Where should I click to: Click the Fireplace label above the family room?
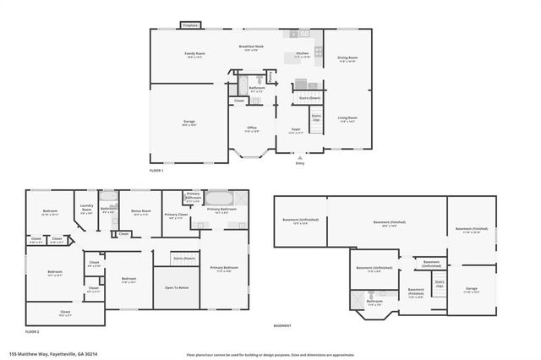[190, 25]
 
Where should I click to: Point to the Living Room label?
[347, 117]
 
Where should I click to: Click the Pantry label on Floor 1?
[270, 77]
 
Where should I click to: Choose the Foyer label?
[296, 129]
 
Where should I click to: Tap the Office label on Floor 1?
[252, 128]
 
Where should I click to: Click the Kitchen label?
[302, 53]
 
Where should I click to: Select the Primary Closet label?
[177, 215]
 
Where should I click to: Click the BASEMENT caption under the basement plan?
[282, 325]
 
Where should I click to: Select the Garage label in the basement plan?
[472, 289]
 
